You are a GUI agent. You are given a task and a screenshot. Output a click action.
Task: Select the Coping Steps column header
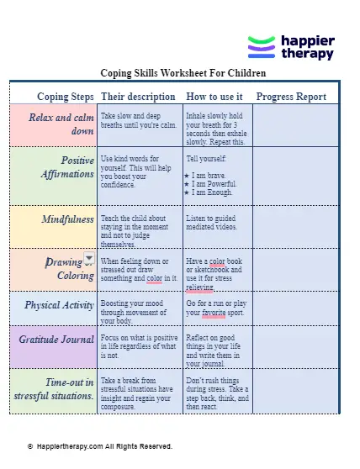coord(65,96)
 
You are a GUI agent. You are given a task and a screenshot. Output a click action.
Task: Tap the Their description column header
coord(138,96)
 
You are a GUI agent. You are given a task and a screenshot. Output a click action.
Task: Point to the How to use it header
coord(214,96)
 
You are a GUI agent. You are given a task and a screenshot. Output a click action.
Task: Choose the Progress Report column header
coord(290,96)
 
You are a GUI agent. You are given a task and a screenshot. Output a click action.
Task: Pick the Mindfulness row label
coord(68,219)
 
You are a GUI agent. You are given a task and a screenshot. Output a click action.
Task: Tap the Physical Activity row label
coord(60,305)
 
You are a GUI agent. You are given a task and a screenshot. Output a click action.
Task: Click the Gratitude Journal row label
coord(57,340)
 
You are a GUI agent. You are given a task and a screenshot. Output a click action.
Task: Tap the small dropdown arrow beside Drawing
coord(89,259)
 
